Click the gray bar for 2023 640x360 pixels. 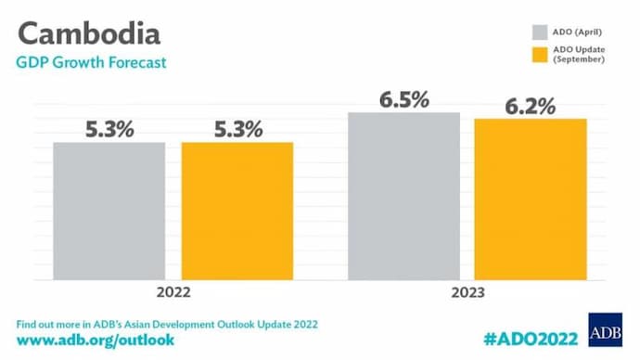403,196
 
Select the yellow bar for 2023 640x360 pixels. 530,199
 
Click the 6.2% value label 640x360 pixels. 530,106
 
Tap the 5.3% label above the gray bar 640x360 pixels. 109,129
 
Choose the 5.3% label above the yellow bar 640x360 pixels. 237,129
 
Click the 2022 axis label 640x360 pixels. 173,291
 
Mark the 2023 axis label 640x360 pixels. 467,291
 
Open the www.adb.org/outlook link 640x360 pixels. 96,341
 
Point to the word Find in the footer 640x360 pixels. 30,324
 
